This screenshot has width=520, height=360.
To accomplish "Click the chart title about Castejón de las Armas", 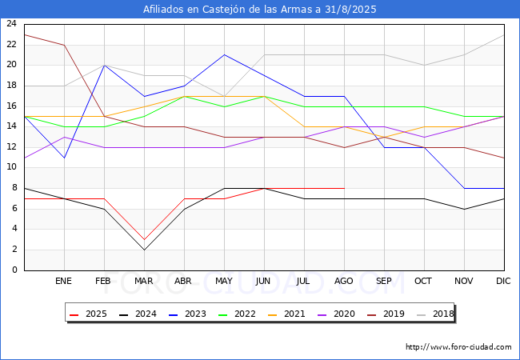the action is pyautogui.click(x=260, y=10).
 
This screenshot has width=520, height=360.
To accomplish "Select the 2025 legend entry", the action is pyautogui.click(x=88, y=314).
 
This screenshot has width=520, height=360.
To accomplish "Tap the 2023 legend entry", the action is pyautogui.click(x=187, y=314).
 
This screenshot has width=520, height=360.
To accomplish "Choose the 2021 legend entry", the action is pyautogui.click(x=286, y=314).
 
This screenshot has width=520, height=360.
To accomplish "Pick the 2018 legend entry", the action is pyautogui.click(x=435, y=314).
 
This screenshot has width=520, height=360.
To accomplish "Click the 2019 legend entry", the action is pyautogui.click(x=386, y=314).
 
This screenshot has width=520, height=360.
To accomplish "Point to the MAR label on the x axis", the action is pyautogui.click(x=143, y=281).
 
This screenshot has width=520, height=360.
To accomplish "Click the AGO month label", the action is pyautogui.click(x=343, y=281).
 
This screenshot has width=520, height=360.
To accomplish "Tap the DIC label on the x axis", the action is pyautogui.click(x=503, y=281).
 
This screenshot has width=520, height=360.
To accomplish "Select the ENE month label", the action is pyautogui.click(x=63, y=281).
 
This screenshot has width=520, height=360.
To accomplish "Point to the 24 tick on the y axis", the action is pyautogui.click(x=12, y=23).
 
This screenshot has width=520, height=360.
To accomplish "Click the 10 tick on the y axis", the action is pyautogui.click(x=12, y=167).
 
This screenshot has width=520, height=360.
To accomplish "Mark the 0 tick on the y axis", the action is pyautogui.click(x=14, y=270).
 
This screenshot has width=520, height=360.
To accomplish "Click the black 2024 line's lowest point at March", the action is pyautogui.click(x=144, y=250).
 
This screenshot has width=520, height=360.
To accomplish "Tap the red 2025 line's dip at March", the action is pyautogui.click(x=144, y=240).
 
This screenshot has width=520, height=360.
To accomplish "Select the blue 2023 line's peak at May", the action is pyautogui.click(x=225, y=54).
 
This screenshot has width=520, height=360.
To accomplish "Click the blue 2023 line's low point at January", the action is pyautogui.click(x=64, y=158).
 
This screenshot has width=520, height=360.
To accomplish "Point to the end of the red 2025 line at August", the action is pyautogui.click(x=345, y=188).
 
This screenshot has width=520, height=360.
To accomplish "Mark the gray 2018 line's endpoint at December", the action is pyautogui.click(x=504, y=35).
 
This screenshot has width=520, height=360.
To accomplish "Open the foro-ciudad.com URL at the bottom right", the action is pyautogui.click(x=458, y=347).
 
